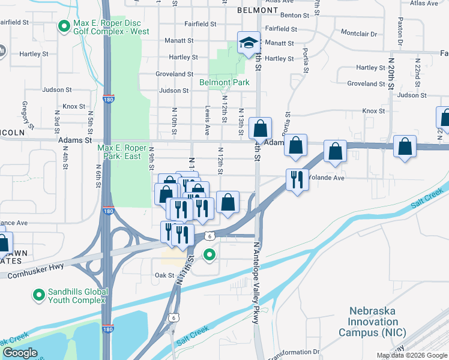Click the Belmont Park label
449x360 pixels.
pyautogui.click(x=224, y=82)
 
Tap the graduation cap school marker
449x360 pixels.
pyautogui.click(x=247, y=43)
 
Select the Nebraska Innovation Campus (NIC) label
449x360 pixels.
pyautogui.click(x=373, y=321)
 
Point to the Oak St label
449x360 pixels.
pyautogui.click(x=164, y=275)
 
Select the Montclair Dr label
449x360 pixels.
pyautogui.click(x=358, y=34)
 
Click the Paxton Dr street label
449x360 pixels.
pyautogui.click(x=399, y=34)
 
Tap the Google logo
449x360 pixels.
pyautogui.click(x=20, y=353)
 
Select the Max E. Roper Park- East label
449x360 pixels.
pyautogui.click(x=122, y=152)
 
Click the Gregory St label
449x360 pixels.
pyautogui.click(x=25, y=111)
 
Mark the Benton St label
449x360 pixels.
pyautogui.click(x=294, y=14)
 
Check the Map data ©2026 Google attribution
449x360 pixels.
pyautogui.click(x=412, y=355)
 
